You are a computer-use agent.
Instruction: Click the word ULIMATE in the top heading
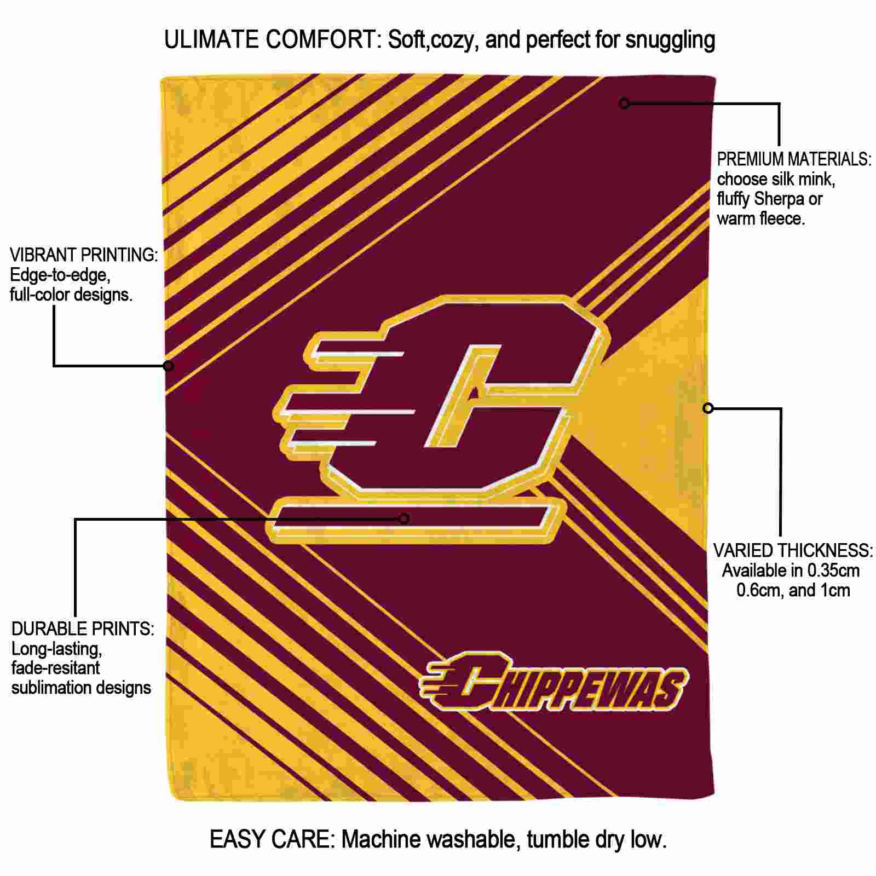pos(212,40)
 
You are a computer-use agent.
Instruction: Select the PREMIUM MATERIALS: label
pos(794,159)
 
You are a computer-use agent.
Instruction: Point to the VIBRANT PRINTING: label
pos(84,255)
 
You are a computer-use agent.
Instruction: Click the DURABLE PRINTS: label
pos(83,629)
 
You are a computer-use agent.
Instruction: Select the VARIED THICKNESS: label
pos(793,550)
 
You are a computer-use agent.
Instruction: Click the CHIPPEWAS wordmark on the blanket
pos(554,681)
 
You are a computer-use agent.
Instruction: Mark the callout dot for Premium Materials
pos(624,103)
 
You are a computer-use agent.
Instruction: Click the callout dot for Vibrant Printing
pos(169,365)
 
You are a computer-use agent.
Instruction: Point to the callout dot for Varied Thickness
pos(708,408)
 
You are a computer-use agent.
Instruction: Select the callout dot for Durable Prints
pos(404,518)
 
